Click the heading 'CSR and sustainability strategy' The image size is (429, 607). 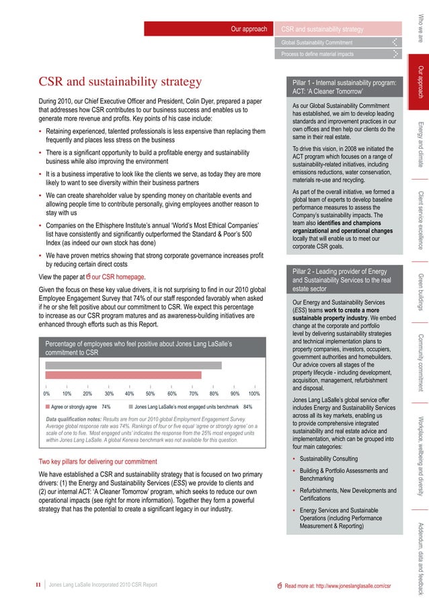[120, 82]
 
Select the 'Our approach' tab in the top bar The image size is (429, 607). [249, 30]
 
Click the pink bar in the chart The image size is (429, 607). [123, 375]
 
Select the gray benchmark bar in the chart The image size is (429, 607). [133, 365]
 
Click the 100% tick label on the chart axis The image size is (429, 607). [253, 394]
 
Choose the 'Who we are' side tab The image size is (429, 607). [420, 28]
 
